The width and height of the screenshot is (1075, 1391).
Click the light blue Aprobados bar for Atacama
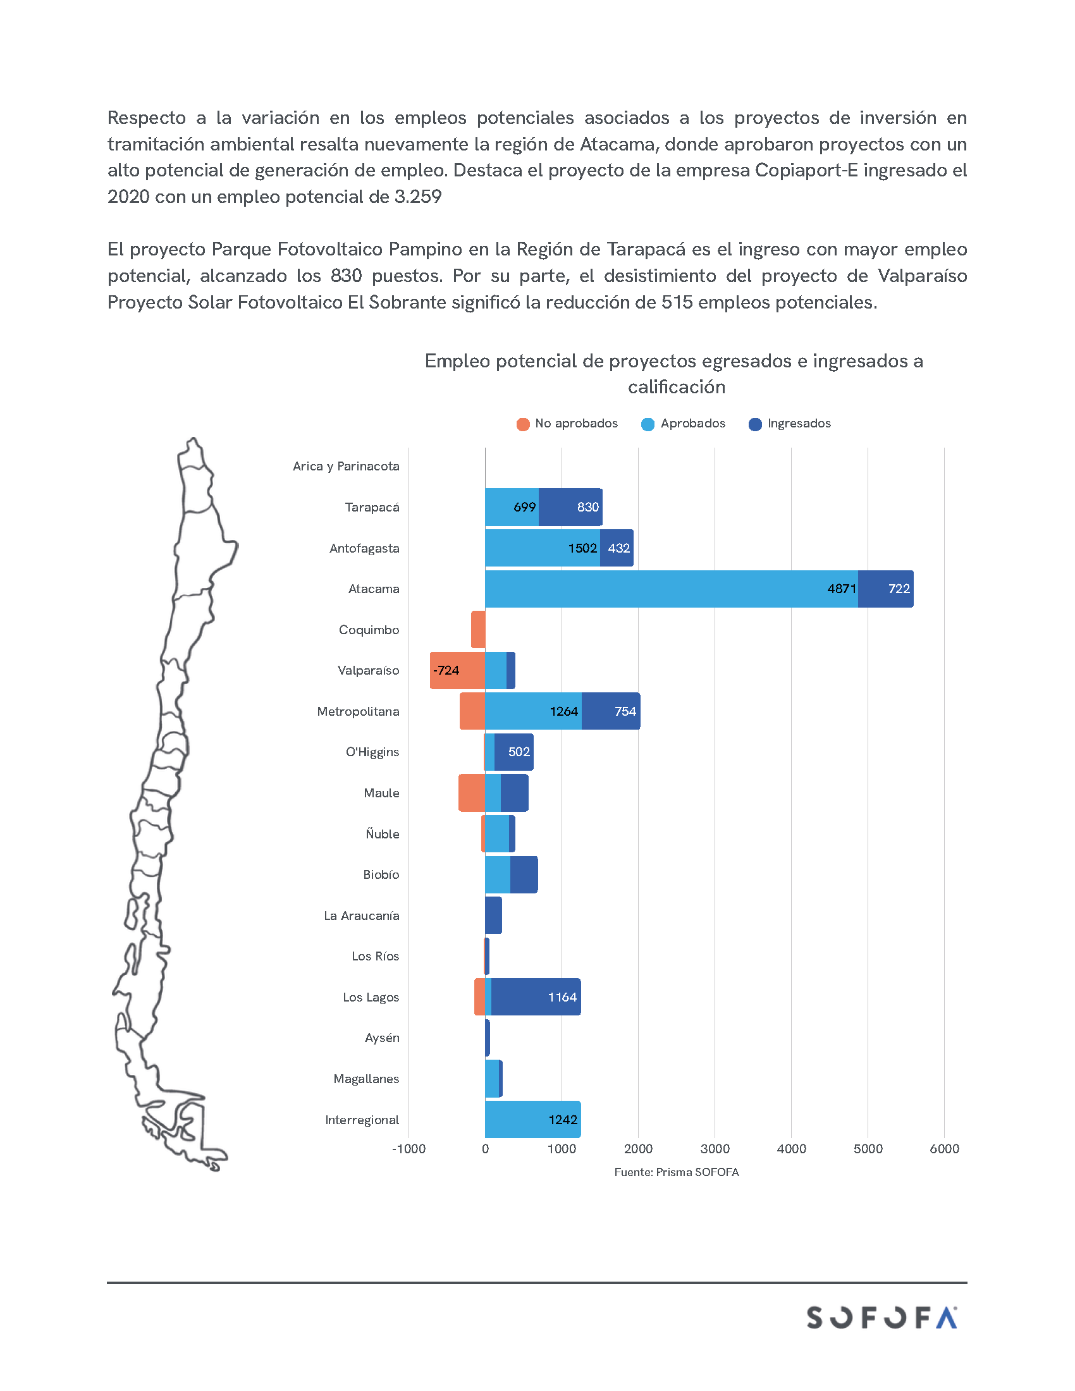tap(668, 589)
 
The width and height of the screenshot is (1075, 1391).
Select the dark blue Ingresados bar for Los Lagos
tap(535, 996)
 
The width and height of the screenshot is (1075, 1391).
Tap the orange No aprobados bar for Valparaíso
tap(457, 670)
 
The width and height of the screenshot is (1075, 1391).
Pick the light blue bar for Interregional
tap(532, 1119)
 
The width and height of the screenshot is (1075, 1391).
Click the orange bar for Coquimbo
tap(478, 629)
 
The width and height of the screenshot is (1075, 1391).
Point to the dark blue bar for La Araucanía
tap(494, 916)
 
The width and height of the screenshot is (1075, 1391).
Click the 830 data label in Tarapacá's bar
tap(588, 507)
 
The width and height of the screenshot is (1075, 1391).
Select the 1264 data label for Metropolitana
tap(563, 711)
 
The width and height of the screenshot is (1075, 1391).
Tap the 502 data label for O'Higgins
tap(519, 752)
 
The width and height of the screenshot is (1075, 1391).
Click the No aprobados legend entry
tap(567, 424)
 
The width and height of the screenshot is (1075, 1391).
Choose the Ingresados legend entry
tap(790, 424)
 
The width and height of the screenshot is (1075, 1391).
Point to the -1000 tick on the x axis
tap(408, 1148)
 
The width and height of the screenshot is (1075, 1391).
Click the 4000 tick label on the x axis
tap(791, 1148)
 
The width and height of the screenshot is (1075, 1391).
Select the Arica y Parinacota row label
tap(346, 466)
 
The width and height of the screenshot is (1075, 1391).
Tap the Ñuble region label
tap(382, 834)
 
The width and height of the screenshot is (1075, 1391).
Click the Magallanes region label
tap(366, 1078)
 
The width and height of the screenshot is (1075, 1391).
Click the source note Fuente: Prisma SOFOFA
tap(677, 1172)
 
